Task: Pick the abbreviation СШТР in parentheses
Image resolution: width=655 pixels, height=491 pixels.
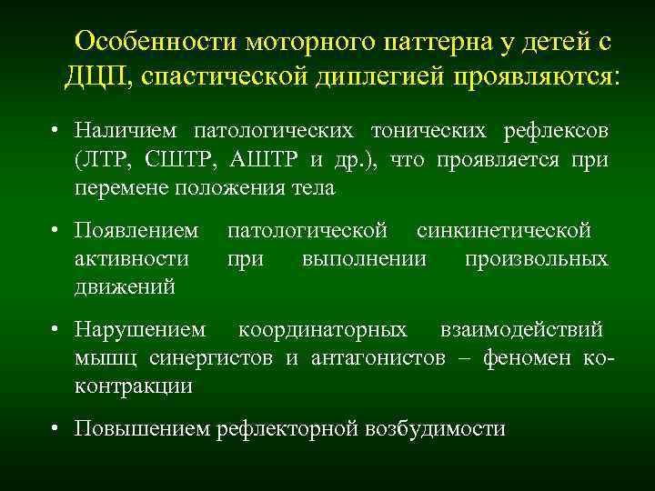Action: pos(180,160)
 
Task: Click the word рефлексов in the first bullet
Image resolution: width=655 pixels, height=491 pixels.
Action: pos(555,131)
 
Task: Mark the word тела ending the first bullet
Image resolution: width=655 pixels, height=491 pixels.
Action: pos(314,189)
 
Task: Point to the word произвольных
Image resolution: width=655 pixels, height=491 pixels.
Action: pos(537,259)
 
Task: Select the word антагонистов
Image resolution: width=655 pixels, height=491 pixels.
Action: pos(378,357)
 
